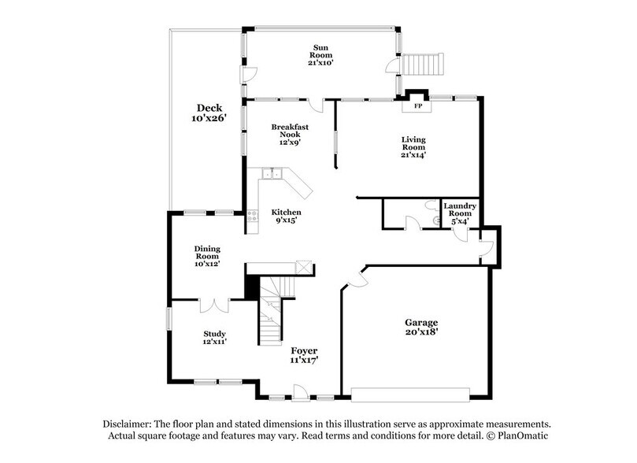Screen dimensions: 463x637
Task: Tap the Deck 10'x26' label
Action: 209,113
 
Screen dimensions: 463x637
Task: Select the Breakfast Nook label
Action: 287,134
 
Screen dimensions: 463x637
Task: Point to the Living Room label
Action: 413,146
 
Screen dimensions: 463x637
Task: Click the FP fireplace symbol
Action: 417,106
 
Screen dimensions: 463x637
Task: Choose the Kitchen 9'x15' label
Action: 287,217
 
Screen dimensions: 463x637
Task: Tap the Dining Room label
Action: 207,255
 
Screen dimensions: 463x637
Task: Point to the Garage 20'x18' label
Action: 421,328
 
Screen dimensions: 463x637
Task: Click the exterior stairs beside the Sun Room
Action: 424,62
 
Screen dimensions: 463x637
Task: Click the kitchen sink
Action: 272,172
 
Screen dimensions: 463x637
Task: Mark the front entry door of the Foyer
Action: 299,390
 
